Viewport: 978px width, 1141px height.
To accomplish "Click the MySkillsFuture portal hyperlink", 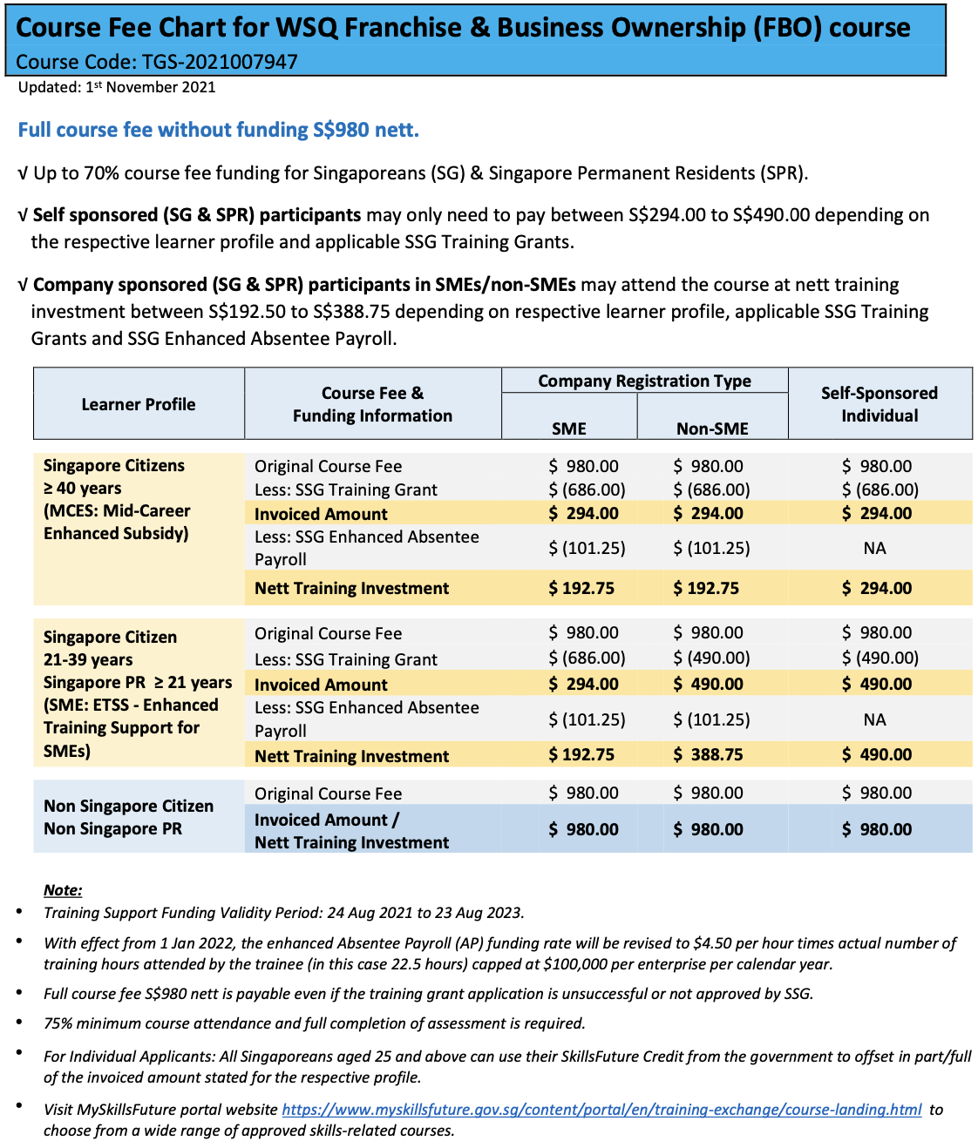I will pyautogui.click(x=601, y=1110).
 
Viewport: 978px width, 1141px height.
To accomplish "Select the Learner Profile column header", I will pyautogui.click(x=139, y=404).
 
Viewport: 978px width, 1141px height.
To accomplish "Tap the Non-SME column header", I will pyautogui.click(x=712, y=428).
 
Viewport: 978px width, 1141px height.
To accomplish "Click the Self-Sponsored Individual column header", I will pyautogui.click(x=880, y=404).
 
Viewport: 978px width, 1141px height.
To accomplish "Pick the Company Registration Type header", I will pyautogui.click(x=644, y=381).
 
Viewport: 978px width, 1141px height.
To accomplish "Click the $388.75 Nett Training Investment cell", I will pyautogui.click(x=708, y=755).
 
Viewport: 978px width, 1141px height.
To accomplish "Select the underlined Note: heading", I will pyautogui.click(x=63, y=890).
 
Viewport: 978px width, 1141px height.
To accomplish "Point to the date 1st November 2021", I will pyautogui.click(x=150, y=87).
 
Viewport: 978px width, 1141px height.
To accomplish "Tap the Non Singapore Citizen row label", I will pyautogui.click(x=128, y=806).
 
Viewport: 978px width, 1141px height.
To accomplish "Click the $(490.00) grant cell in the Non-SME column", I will pyautogui.click(x=711, y=658).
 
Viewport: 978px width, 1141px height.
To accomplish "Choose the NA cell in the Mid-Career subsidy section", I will pyautogui.click(x=874, y=548).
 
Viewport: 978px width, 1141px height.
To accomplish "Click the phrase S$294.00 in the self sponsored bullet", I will pyautogui.click(x=667, y=215).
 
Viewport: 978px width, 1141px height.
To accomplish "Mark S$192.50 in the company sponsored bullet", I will pyautogui.click(x=247, y=312).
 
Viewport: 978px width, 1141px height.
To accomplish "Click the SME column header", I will pyautogui.click(x=569, y=428).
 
